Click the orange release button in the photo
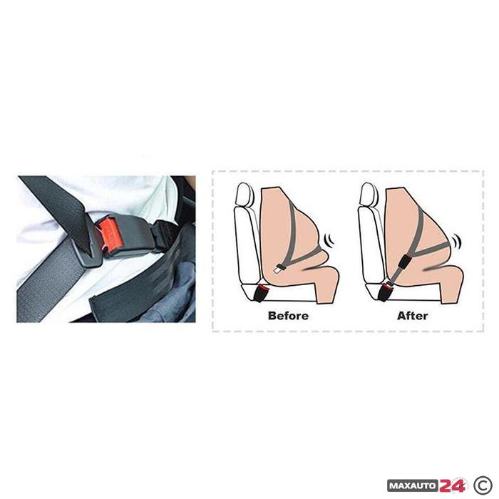[110, 235]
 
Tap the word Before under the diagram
[288, 316]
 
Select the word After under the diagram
[413, 316]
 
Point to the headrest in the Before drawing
[244, 194]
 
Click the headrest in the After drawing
[368, 194]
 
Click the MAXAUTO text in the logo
[413, 486]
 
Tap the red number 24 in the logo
[452, 485]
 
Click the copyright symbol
[483, 485]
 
